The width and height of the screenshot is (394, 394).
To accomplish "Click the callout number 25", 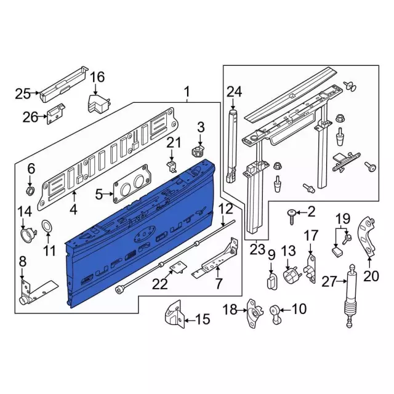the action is [x=23, y=94].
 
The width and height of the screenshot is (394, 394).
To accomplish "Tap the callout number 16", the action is [x=97, y=78].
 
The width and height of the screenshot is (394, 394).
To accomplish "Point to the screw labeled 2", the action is [x=291, y=217].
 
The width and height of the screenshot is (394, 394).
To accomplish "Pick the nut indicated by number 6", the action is [x=30, y=191].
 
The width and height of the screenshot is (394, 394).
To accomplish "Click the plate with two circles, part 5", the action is [x=132, y=183].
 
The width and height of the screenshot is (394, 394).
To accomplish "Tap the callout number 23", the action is [x=257, y=249].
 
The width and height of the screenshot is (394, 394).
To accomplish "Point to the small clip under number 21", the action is [x=172, y=166].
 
